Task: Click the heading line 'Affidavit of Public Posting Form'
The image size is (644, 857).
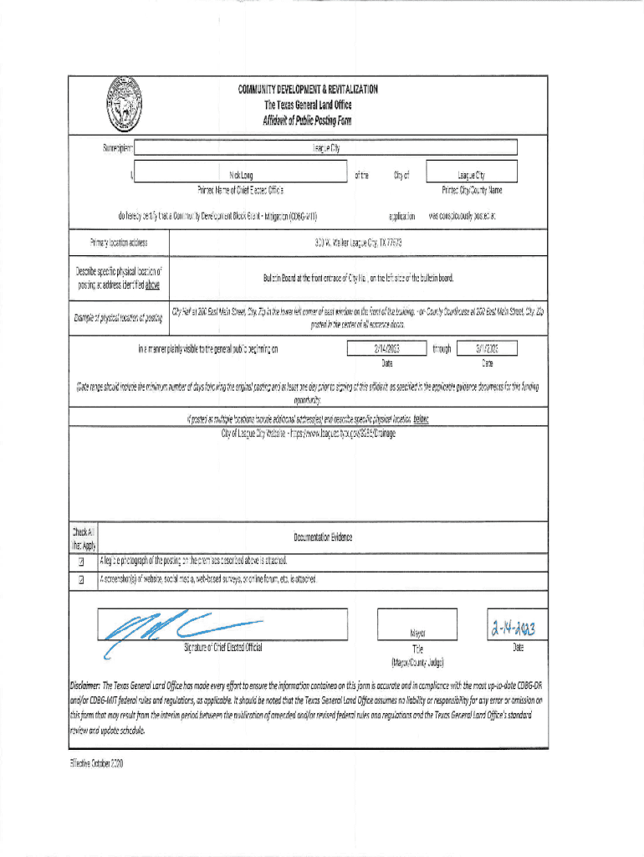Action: coord(308,121)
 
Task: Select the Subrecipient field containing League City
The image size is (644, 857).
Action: coord(326,148)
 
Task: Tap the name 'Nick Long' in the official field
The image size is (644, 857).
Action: coord(241,176)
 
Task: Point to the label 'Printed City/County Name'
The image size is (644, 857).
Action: coord(472,190)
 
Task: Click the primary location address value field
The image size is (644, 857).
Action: coord(352,244)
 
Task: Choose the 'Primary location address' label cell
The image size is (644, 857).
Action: coord(119,244)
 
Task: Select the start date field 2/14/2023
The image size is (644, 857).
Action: coord(386,348)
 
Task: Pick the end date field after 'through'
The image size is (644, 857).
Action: coord(488,348)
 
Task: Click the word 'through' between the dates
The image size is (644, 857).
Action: coord(442,349)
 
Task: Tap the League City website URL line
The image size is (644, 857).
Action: coord(308,434)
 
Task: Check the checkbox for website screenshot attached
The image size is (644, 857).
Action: coord(81,578)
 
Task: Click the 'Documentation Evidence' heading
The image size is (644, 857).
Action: coord(323,536)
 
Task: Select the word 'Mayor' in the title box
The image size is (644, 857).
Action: coord(417,634)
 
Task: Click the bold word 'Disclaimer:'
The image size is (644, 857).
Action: coord(84,685)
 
